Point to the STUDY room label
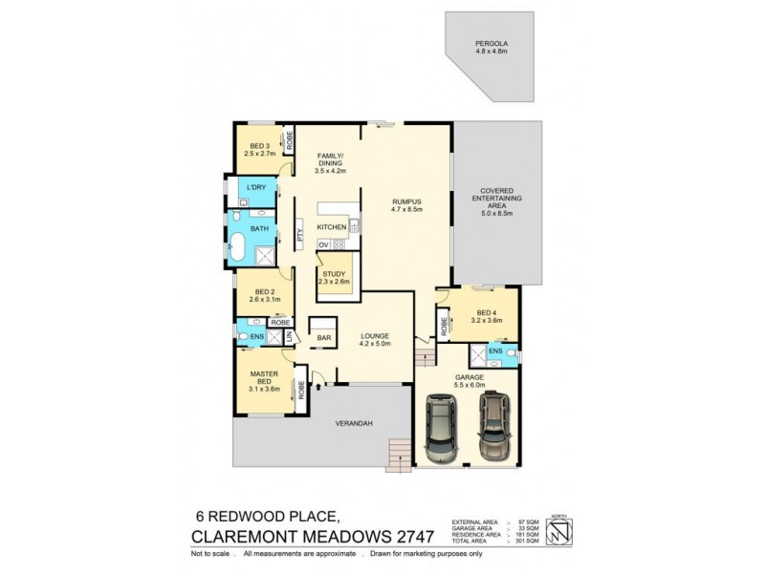click(x=334, y=274)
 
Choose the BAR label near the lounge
click(x=324, y=338)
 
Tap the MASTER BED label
click(x=263, y=377)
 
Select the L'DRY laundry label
click(x=254, y=188)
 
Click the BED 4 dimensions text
click(x=487, y=320)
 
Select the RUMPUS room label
click(x=406, y=202)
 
